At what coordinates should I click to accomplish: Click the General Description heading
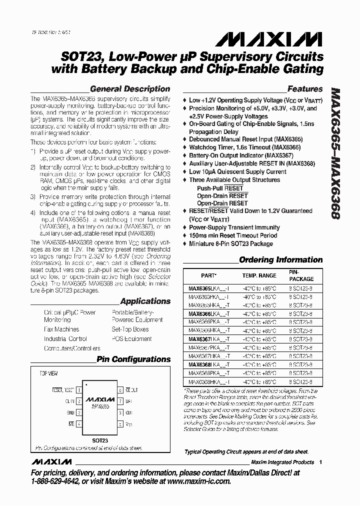[130, 89]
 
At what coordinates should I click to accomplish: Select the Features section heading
[304, 89]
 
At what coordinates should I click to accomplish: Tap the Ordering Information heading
[280, 259]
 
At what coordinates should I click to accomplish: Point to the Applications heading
[145, 301]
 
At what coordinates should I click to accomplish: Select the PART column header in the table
[209, 275]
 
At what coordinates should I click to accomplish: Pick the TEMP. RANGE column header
[259, 275]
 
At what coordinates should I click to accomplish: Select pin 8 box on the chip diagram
[120, 390]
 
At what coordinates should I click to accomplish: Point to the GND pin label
[70, 412]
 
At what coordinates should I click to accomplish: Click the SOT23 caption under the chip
[100, 440]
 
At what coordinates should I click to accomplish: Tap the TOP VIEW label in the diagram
[49, 373]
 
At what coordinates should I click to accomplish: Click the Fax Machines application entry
[61, 329]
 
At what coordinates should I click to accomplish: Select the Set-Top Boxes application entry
[130, 329]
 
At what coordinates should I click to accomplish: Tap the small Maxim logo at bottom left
[49, 461]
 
